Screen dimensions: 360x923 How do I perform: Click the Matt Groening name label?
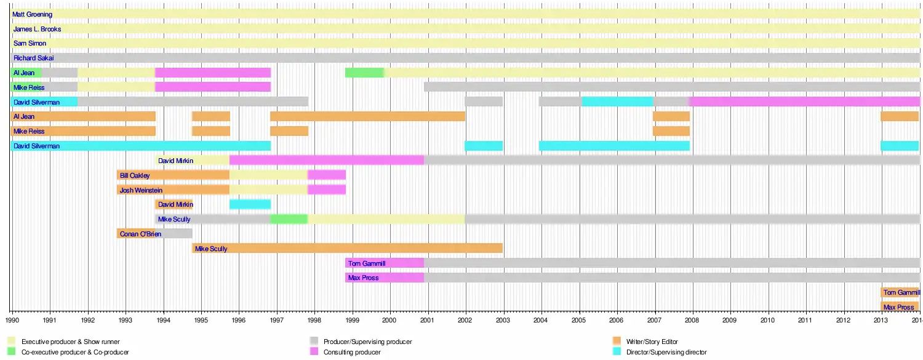point(32,14)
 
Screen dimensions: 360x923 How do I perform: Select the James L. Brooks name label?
point(37,29)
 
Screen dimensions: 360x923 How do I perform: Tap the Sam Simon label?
point(30,44)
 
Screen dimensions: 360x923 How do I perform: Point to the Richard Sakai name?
point(33,58)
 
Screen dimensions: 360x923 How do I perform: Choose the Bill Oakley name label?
point(135,175)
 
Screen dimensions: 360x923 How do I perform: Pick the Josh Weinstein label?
point(141,190)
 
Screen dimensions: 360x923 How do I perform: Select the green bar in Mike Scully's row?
point(289,219)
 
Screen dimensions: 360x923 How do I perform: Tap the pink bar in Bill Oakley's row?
point(326,175)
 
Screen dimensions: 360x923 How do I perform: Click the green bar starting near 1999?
point(364,73)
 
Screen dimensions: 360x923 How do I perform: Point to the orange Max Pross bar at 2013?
point(900,307)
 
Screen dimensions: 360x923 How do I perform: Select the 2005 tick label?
point(579,321)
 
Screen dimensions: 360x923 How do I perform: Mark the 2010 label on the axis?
point(768,321)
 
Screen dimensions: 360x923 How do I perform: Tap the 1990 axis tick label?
point(12,321)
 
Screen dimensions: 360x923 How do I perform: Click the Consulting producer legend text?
point(352,352)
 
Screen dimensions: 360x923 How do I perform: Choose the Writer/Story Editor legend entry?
point(652,342)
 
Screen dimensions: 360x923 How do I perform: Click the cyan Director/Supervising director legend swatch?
point(617,352)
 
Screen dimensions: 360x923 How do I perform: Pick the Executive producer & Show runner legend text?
point(70,342)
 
